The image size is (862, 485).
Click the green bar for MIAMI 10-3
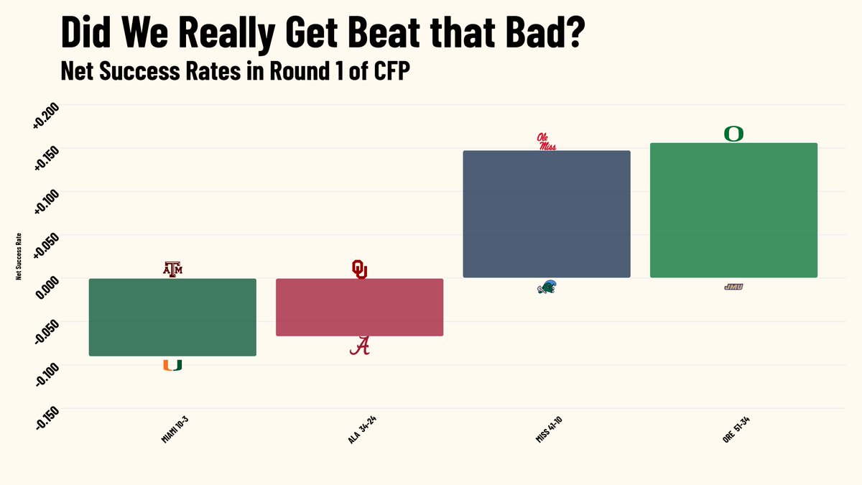tap(172, 317)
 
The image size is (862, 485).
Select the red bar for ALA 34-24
tap(359, 307)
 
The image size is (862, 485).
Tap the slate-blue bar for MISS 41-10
tap(546, 214)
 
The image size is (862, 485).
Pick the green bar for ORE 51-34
tap(733, 210)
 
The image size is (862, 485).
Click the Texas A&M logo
tap(172, 269)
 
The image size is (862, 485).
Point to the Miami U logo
tap(172, 364)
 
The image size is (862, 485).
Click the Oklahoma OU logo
tap(359, 269)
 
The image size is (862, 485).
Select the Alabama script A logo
tap(360, 346)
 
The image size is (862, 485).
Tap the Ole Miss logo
tap(547, 142)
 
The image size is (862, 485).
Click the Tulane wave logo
tap(547, 287)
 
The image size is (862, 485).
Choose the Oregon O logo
tap(733, 134)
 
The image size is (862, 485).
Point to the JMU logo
tap(733, 287)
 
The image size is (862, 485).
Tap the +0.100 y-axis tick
tap(46, 203)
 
